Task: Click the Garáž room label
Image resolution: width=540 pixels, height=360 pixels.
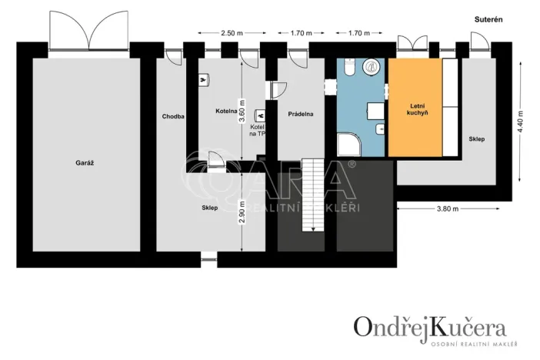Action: (85, 163)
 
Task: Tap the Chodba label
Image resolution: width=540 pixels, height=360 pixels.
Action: (173, 117)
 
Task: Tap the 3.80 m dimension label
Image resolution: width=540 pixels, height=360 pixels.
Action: (447, 208)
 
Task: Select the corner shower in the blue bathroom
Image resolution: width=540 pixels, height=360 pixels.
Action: (348, 145)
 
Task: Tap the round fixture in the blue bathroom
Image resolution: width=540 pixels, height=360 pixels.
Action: (374, 67)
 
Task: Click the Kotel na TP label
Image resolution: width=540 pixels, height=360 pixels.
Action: (257, 129)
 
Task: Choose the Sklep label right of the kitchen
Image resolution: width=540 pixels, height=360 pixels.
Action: (476, 139)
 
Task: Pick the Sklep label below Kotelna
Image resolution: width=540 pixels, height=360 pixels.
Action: (210, 208)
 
